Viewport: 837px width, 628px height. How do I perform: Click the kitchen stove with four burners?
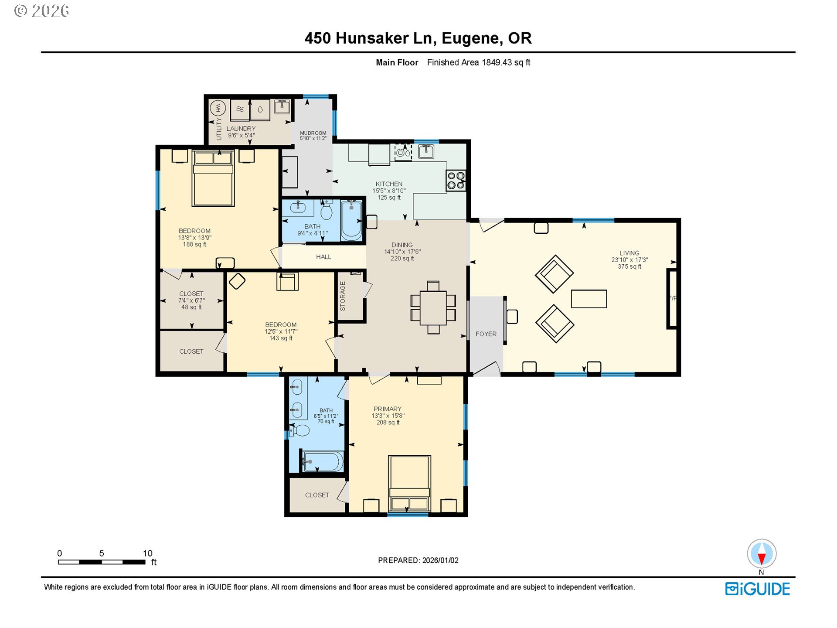tap(456, 181)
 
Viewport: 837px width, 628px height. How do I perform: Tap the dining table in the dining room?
tap(433, 308)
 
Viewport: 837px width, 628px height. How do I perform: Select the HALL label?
tap(323, 257)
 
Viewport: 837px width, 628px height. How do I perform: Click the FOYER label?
tap(486, 334)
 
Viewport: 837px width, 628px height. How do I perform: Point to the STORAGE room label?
tap(343, 296)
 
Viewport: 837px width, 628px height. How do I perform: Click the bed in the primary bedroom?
tap(409, 483)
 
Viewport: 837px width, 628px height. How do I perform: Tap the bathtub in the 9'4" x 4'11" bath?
tap(351, 220)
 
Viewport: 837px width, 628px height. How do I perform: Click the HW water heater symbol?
tap(218, 108)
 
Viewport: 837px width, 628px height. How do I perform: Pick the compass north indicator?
tap(762, 553)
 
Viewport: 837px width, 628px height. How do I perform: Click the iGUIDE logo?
tap(757, 589)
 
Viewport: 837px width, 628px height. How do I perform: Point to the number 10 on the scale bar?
tap(148, 553)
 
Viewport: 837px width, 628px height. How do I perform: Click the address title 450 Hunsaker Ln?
tap(370, 38)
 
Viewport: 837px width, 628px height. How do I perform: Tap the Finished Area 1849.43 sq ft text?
tap(478, 62)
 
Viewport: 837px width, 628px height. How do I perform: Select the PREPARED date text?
tap(418, 560)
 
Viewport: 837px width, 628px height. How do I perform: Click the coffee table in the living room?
tap(589, 299)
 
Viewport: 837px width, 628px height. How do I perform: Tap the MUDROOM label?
tap(313, 133)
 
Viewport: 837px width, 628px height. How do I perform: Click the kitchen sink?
tap(426, 151)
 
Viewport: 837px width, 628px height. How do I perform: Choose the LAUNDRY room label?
tap(241, 129)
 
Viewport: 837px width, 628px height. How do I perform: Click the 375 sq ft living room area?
tap(629, 266)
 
